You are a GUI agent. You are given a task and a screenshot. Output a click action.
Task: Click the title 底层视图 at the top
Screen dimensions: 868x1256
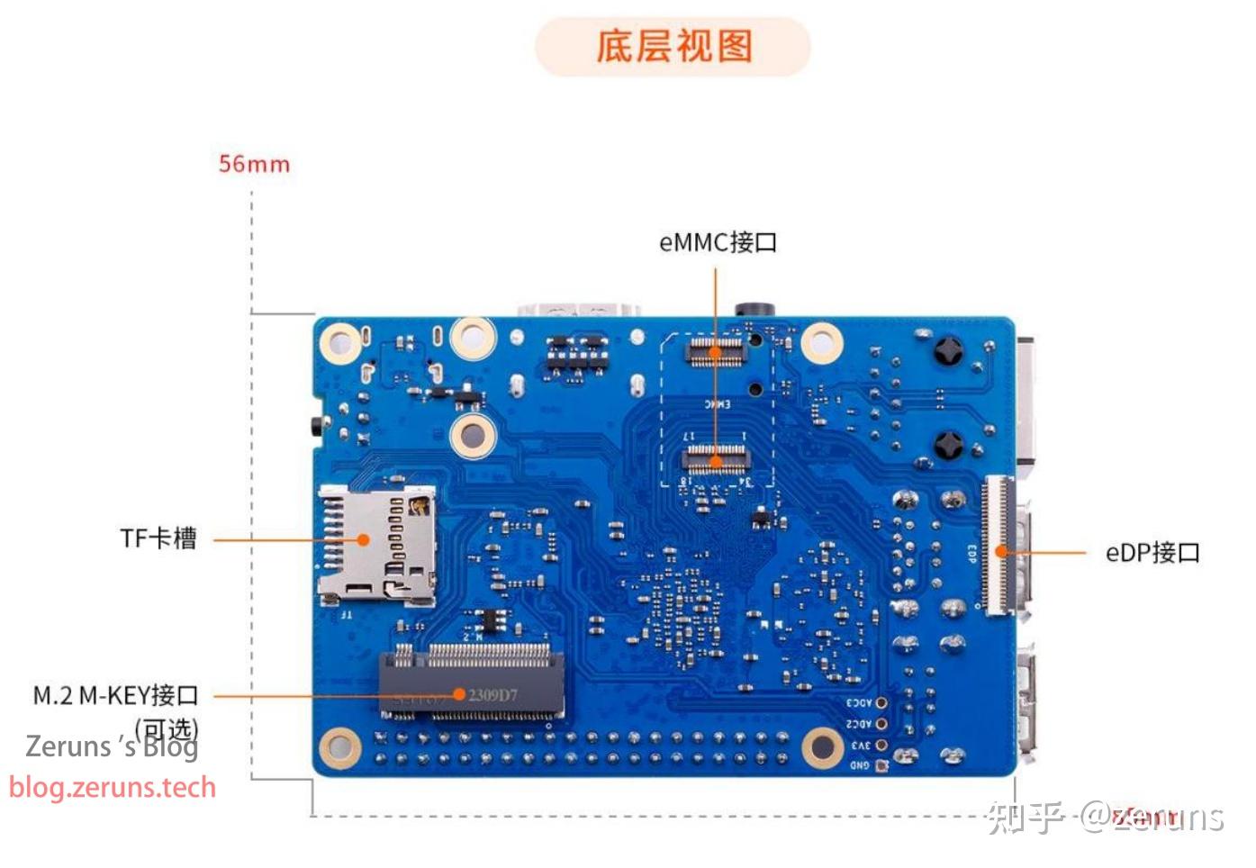coord(673,46)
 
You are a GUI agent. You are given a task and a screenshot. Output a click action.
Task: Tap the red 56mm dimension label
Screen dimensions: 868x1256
coord(254,164)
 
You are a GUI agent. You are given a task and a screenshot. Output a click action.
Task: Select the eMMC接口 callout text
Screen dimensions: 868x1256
coord(717,242)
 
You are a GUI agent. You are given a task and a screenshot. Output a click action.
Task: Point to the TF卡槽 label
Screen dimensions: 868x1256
coord(158,538)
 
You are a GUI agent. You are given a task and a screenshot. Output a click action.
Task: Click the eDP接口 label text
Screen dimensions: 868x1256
coord(1152,552)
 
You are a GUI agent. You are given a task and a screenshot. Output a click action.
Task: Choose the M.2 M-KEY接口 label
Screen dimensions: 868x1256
coord(115,695)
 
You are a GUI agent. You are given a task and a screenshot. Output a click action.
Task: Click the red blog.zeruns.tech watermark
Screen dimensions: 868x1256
coord(113,787)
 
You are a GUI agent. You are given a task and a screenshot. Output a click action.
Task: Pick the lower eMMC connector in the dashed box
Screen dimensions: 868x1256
coord(715,458)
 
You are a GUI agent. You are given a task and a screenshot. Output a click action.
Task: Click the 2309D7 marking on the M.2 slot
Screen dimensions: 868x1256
coord(492,695)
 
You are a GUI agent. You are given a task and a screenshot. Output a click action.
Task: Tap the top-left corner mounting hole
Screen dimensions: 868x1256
coord(340,342)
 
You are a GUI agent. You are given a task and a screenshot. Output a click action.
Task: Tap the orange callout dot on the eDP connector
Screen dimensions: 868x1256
coord(999,552)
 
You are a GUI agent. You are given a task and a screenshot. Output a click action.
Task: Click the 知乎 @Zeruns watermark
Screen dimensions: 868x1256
coord(1105,817)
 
